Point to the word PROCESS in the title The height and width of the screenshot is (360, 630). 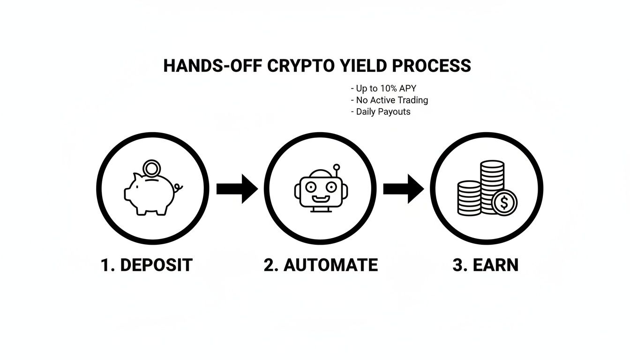(x=431, y=66)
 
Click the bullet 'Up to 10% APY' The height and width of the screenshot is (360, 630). (x=383, y=88)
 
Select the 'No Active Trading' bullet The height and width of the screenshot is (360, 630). (x=389, y=100)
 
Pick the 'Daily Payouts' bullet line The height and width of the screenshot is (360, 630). (x=380, y=112)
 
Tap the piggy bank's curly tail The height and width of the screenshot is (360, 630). (x=178, y=188)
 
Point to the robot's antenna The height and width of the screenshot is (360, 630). (x=335, y=170)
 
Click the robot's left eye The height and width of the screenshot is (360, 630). (x=310, y=187)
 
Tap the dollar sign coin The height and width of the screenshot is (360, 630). (x=504, y=202)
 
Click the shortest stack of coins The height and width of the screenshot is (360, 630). (x=469, y=198)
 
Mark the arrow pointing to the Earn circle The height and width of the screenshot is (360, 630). (x=404, y=189)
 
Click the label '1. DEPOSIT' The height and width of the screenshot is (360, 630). (x=146, y=265)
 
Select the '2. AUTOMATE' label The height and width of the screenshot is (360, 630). (x=321, y=265)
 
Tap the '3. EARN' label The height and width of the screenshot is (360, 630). (x=486, y=265)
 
